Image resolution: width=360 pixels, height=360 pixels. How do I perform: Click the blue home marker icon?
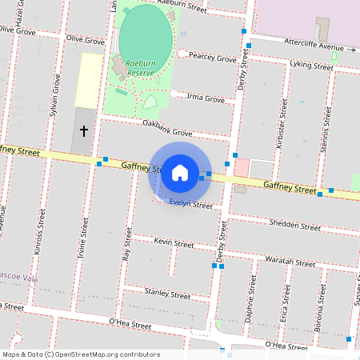(x=180, y=172)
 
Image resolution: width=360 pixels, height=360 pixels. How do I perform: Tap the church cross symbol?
(x=84, y=130)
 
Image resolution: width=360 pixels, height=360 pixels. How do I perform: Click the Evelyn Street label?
(x=190, y=204)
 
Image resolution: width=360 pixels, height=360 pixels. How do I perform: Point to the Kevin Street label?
(x=174, y=242)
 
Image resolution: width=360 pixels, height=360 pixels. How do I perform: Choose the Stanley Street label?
(x=168, y=294)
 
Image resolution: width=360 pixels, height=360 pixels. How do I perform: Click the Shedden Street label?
(x=295, y=225)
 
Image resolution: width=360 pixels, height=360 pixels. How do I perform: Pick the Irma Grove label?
(x=205, y=98)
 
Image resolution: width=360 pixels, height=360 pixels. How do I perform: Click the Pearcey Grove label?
(x=212, y=58)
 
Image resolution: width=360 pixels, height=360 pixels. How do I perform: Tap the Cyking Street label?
(x=311, y=66)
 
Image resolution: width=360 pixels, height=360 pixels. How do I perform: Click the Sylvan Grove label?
(x=55, y=94)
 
